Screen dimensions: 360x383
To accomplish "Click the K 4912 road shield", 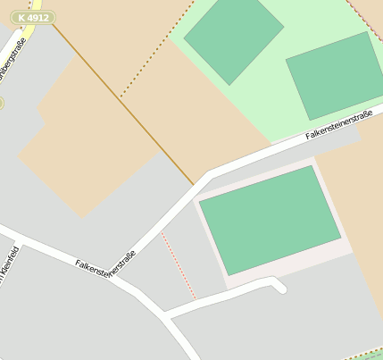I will pyautogui.click(x=33, y=18).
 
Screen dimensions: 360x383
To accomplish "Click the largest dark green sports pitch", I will pyautogui.click(x=270, y=219).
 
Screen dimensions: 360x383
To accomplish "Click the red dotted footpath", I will pyautogui.click(x=179, y=264).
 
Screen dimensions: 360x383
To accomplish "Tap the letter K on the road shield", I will pyautogui.click(x=21, y=18).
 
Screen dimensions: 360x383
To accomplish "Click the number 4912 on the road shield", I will pyautogui.click(x=38, y=18).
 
